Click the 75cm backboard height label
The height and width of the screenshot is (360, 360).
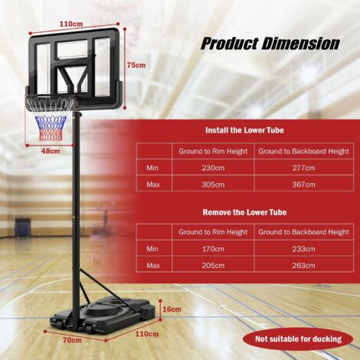coord(136,65)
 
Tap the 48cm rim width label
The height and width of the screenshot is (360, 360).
coord(50,151)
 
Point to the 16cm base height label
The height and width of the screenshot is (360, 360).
coord(172,309)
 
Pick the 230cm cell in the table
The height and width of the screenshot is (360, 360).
coord(213,168)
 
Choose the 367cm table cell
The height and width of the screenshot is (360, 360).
coord(303,184)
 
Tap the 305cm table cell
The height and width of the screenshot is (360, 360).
coord(213,184)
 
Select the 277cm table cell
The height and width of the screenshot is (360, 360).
coord(303,168)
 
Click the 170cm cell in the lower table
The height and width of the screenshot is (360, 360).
coord(213,248)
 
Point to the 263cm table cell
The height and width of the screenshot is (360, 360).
coord(303,265)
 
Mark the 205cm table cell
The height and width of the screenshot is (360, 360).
coord(213,265)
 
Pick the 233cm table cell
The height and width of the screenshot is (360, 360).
coord(303,248)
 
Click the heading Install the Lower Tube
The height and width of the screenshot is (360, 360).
coord(245,131)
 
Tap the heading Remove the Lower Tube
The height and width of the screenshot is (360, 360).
coord(245,212)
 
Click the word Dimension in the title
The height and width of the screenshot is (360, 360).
coord(299,43)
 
